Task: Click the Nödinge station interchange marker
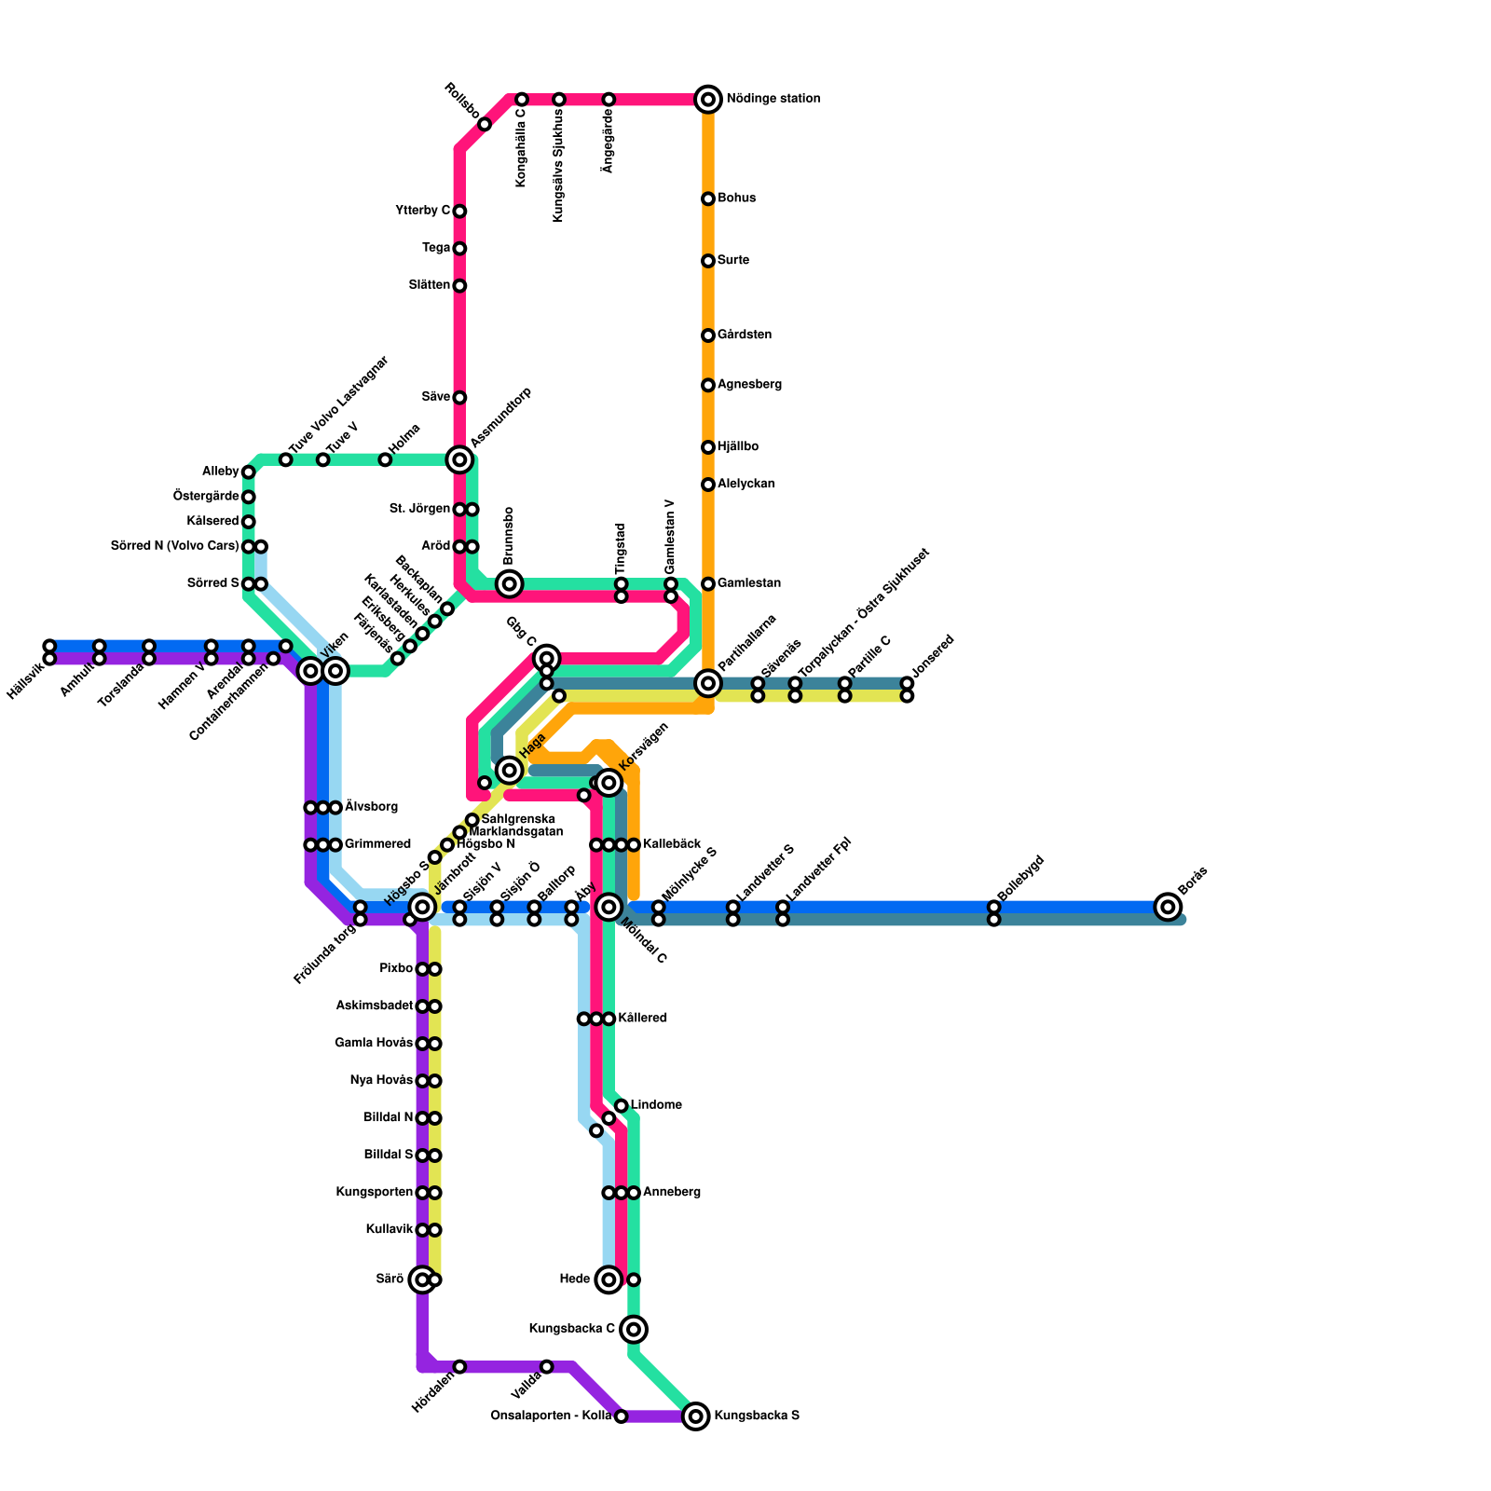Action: point(708,99)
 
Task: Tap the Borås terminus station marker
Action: point(1168,906)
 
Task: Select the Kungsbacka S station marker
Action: point(695,1416)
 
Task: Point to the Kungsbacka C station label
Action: point(571,1329)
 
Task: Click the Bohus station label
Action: point(736,198)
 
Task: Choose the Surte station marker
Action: point(708,261)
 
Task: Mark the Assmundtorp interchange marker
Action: point(459,459)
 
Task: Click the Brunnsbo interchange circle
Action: point(509,584)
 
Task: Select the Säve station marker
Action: point(459,398)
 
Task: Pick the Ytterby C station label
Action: point(422,211)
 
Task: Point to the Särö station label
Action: point(389,1279)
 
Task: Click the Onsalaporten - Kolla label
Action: point(550,1416)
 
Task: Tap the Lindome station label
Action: point(656,1105)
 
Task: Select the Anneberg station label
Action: point(671,1193)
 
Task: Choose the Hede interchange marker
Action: point(609,1279)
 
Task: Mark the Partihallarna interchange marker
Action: point(708,683)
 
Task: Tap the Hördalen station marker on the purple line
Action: point(459,1366)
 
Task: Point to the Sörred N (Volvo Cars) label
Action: point(174,546)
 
